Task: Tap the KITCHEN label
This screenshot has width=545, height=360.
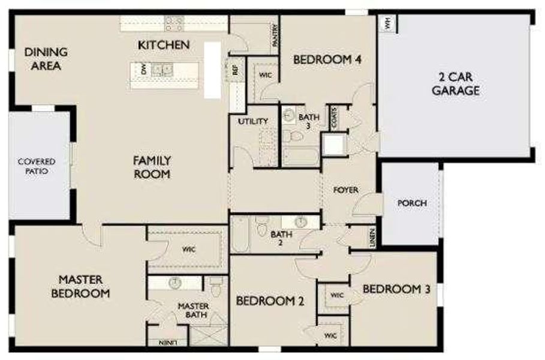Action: tap(164, 45)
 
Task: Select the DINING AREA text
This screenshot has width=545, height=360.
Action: tap(46, 59)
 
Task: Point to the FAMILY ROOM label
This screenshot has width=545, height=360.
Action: tap(152, 167)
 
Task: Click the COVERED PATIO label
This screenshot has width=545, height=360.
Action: tap(36, 166)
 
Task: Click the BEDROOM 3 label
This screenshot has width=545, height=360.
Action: tap(396, 289)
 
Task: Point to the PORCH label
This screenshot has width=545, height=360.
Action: tap(412, 203)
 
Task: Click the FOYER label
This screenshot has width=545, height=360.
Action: tap(346, 190)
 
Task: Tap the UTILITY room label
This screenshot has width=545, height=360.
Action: tap(252, 121)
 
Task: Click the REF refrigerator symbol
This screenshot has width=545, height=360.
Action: tap(234, 70)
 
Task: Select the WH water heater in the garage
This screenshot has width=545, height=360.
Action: tap(387, 24)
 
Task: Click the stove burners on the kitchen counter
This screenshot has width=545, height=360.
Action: tap(174, 23)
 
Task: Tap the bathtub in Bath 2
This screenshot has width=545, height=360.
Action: tap(239, 236)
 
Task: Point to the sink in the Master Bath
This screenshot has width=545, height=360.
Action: tap(176, 282)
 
